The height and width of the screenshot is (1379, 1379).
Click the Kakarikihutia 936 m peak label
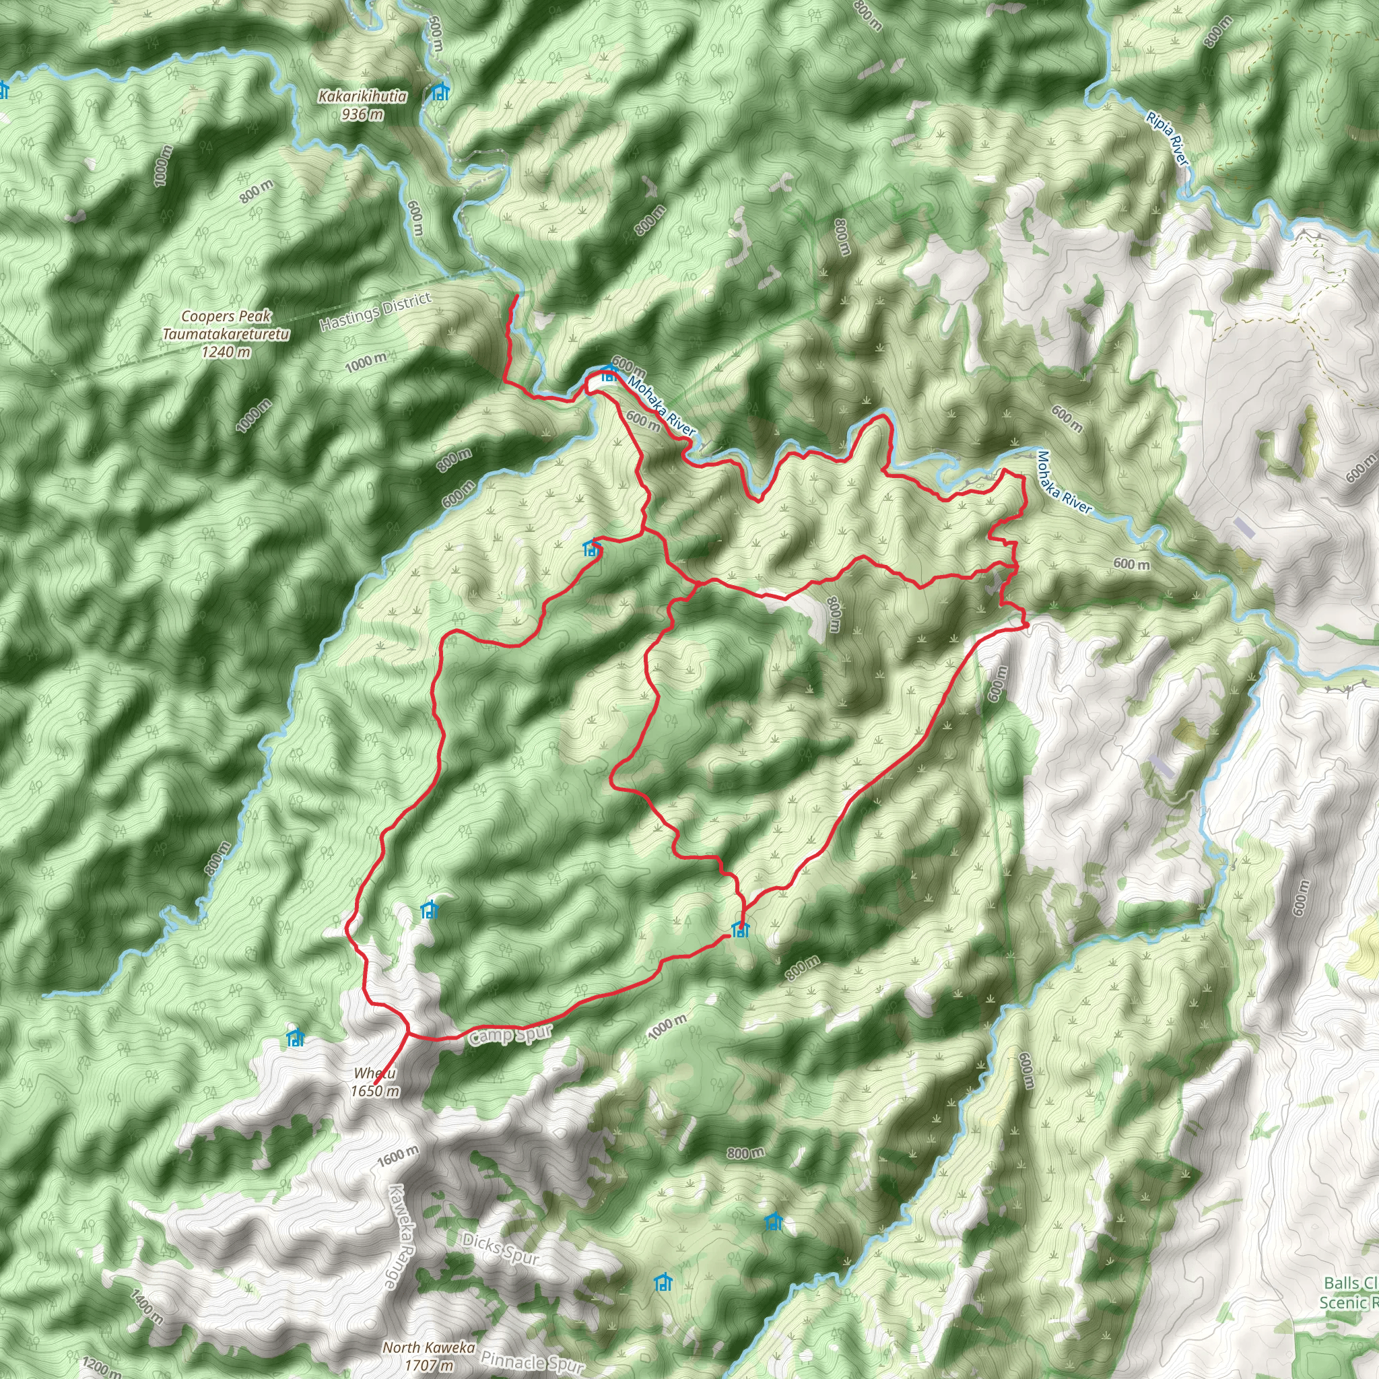coord(363,105)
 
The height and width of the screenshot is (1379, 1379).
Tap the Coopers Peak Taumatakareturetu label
coord(226,333)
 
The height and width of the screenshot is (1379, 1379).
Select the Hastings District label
coord(376,312)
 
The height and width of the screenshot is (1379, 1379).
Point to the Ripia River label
coord(1168,139)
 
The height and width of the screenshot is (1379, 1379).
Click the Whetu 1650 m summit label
coord(375,1081)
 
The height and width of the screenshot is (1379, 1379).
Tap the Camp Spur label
coord(510,1036)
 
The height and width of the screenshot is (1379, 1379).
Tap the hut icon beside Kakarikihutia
coord(440,92)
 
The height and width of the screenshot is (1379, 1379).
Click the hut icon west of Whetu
coord(295,1038)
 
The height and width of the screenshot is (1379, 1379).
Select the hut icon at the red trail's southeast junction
coord(741,929)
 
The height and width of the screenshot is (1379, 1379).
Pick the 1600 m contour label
coord(399,1155)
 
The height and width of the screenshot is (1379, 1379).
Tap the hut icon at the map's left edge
coord(3,90)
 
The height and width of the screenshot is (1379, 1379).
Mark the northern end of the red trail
coord(516,296)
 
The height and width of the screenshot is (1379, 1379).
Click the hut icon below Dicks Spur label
coord(663,1282)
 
